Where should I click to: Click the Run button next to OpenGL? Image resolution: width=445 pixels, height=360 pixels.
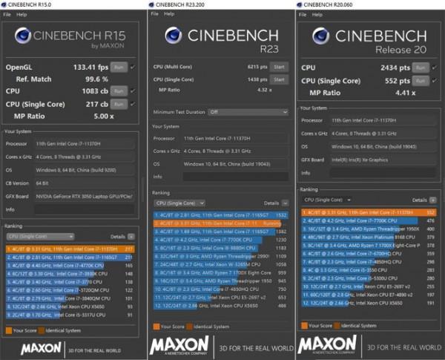[x=119, y=67]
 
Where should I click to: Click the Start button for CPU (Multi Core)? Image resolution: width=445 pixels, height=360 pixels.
[x=279, y=67]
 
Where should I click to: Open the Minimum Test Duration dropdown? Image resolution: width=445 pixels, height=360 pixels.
[x=245, y=112]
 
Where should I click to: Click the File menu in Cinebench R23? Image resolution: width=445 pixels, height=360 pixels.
[x=154, y=15]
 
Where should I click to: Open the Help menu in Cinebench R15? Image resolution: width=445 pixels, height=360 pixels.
[x=23, y=14]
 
